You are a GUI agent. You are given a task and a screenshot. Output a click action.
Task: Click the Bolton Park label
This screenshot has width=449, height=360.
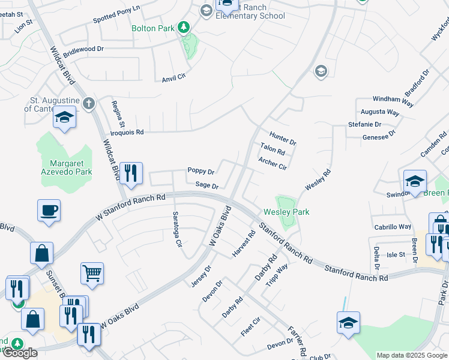(153, 28)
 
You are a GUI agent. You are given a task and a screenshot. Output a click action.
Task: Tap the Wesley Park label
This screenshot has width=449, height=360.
(286, 212)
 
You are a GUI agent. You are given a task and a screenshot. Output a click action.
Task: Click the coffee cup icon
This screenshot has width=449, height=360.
(49, 211)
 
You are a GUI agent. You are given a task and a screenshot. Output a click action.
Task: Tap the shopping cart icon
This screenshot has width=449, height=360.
(92, 273)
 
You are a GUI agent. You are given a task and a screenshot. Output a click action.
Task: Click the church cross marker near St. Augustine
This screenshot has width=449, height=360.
(88, 103)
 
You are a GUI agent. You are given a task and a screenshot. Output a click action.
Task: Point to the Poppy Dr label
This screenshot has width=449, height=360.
(200, 171)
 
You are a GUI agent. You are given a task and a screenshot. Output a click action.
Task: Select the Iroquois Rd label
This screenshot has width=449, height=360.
(126, 132)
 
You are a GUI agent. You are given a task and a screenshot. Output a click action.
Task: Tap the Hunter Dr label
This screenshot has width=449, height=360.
(283, 139)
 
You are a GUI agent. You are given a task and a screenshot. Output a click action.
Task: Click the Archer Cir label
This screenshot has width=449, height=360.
(273, 163)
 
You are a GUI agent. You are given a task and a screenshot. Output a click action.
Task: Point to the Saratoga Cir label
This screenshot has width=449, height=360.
(177, 230)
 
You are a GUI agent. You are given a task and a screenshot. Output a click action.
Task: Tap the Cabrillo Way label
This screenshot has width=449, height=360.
(393, 227)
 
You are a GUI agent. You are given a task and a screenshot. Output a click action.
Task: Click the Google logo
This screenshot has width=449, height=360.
(20, 353)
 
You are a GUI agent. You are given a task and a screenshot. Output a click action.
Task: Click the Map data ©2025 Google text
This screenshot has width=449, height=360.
(412, 355)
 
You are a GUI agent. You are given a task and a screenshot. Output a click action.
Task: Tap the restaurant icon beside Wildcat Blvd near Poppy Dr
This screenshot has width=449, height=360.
(131, 173)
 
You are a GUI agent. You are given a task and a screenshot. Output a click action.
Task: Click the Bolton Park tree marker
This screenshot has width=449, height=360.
(184, 28)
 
